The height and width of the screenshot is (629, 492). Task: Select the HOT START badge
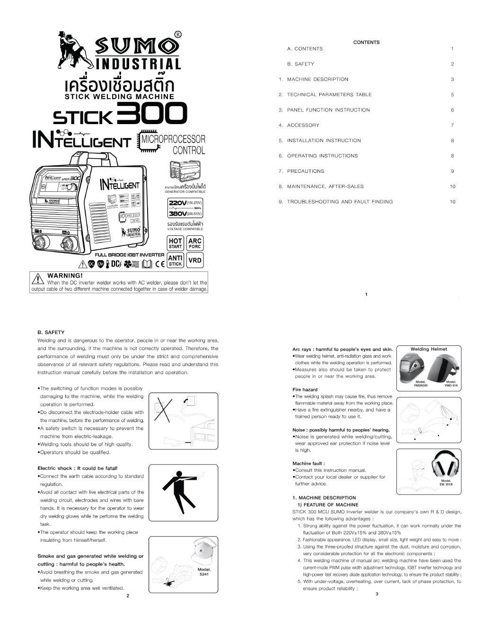coord(176,243)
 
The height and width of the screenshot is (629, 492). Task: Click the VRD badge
coord(195,260)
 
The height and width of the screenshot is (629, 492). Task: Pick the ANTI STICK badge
coord(176,260)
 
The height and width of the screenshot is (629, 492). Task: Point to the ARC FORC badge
coord(195,243)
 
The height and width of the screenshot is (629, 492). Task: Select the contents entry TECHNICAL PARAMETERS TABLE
coord(329,95)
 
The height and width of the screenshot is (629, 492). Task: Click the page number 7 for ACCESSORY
coord(452,126)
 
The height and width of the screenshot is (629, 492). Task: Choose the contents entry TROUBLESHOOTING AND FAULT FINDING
coord(340,202)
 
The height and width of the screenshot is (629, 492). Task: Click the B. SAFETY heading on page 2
coord(51,332)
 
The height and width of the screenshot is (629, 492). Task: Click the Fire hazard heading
coord(305,389)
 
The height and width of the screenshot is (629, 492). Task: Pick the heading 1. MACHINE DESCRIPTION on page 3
coord(324,498)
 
